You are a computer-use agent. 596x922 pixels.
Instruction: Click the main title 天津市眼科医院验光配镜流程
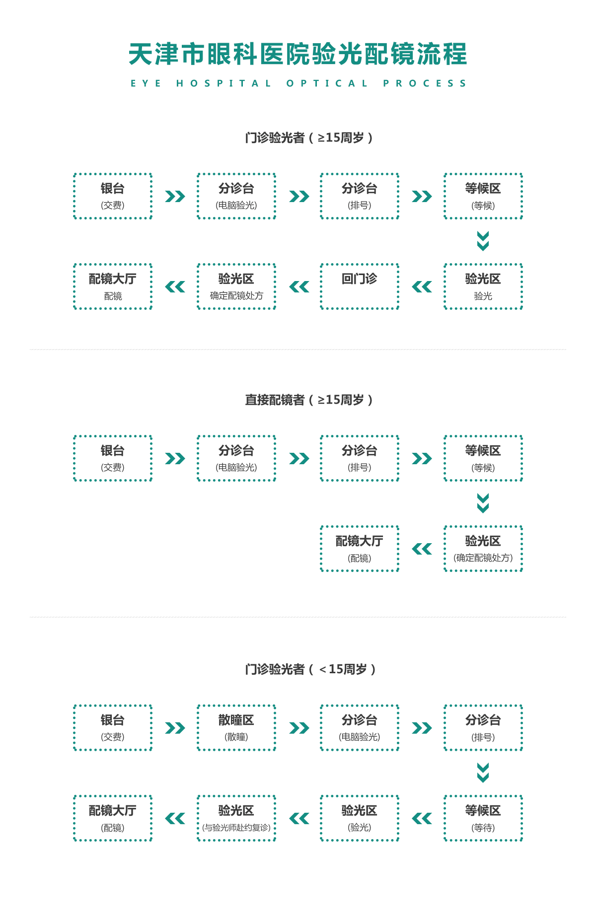point(298,54)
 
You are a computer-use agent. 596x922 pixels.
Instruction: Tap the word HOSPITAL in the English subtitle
point(223,83)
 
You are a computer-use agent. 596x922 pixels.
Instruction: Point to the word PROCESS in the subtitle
point(425,83)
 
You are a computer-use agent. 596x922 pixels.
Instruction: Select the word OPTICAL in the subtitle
point(327,83)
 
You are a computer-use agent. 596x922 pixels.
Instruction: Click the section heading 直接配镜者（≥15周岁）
point(309,400)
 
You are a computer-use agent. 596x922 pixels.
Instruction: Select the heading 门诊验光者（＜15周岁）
point(310,669)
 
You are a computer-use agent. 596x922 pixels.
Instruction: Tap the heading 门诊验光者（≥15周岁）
point(309,138)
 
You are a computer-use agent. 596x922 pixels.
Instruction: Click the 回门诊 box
point(360,286)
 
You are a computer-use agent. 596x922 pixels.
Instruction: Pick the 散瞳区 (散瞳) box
point(236,727)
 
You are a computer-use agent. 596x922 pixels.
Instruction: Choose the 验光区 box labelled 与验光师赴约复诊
point(236,818)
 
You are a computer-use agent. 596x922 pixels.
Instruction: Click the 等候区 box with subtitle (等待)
point(483,818)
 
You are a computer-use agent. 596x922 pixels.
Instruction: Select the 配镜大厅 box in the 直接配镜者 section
point(360,549)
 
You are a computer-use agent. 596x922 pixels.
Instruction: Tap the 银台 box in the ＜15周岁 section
point(113,727)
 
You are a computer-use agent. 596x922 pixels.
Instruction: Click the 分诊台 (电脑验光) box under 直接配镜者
point(236,458)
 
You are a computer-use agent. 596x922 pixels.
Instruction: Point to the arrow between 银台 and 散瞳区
point(175,728)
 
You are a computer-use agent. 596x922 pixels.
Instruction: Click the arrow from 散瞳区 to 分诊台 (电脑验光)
point(299,728)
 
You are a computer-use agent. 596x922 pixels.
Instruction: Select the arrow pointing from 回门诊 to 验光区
point(299,286)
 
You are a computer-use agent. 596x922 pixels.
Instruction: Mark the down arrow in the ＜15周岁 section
point(483,773)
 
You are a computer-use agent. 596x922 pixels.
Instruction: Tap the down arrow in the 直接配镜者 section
point(483,503)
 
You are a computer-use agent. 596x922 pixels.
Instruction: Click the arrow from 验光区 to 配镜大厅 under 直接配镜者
point(422,549)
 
